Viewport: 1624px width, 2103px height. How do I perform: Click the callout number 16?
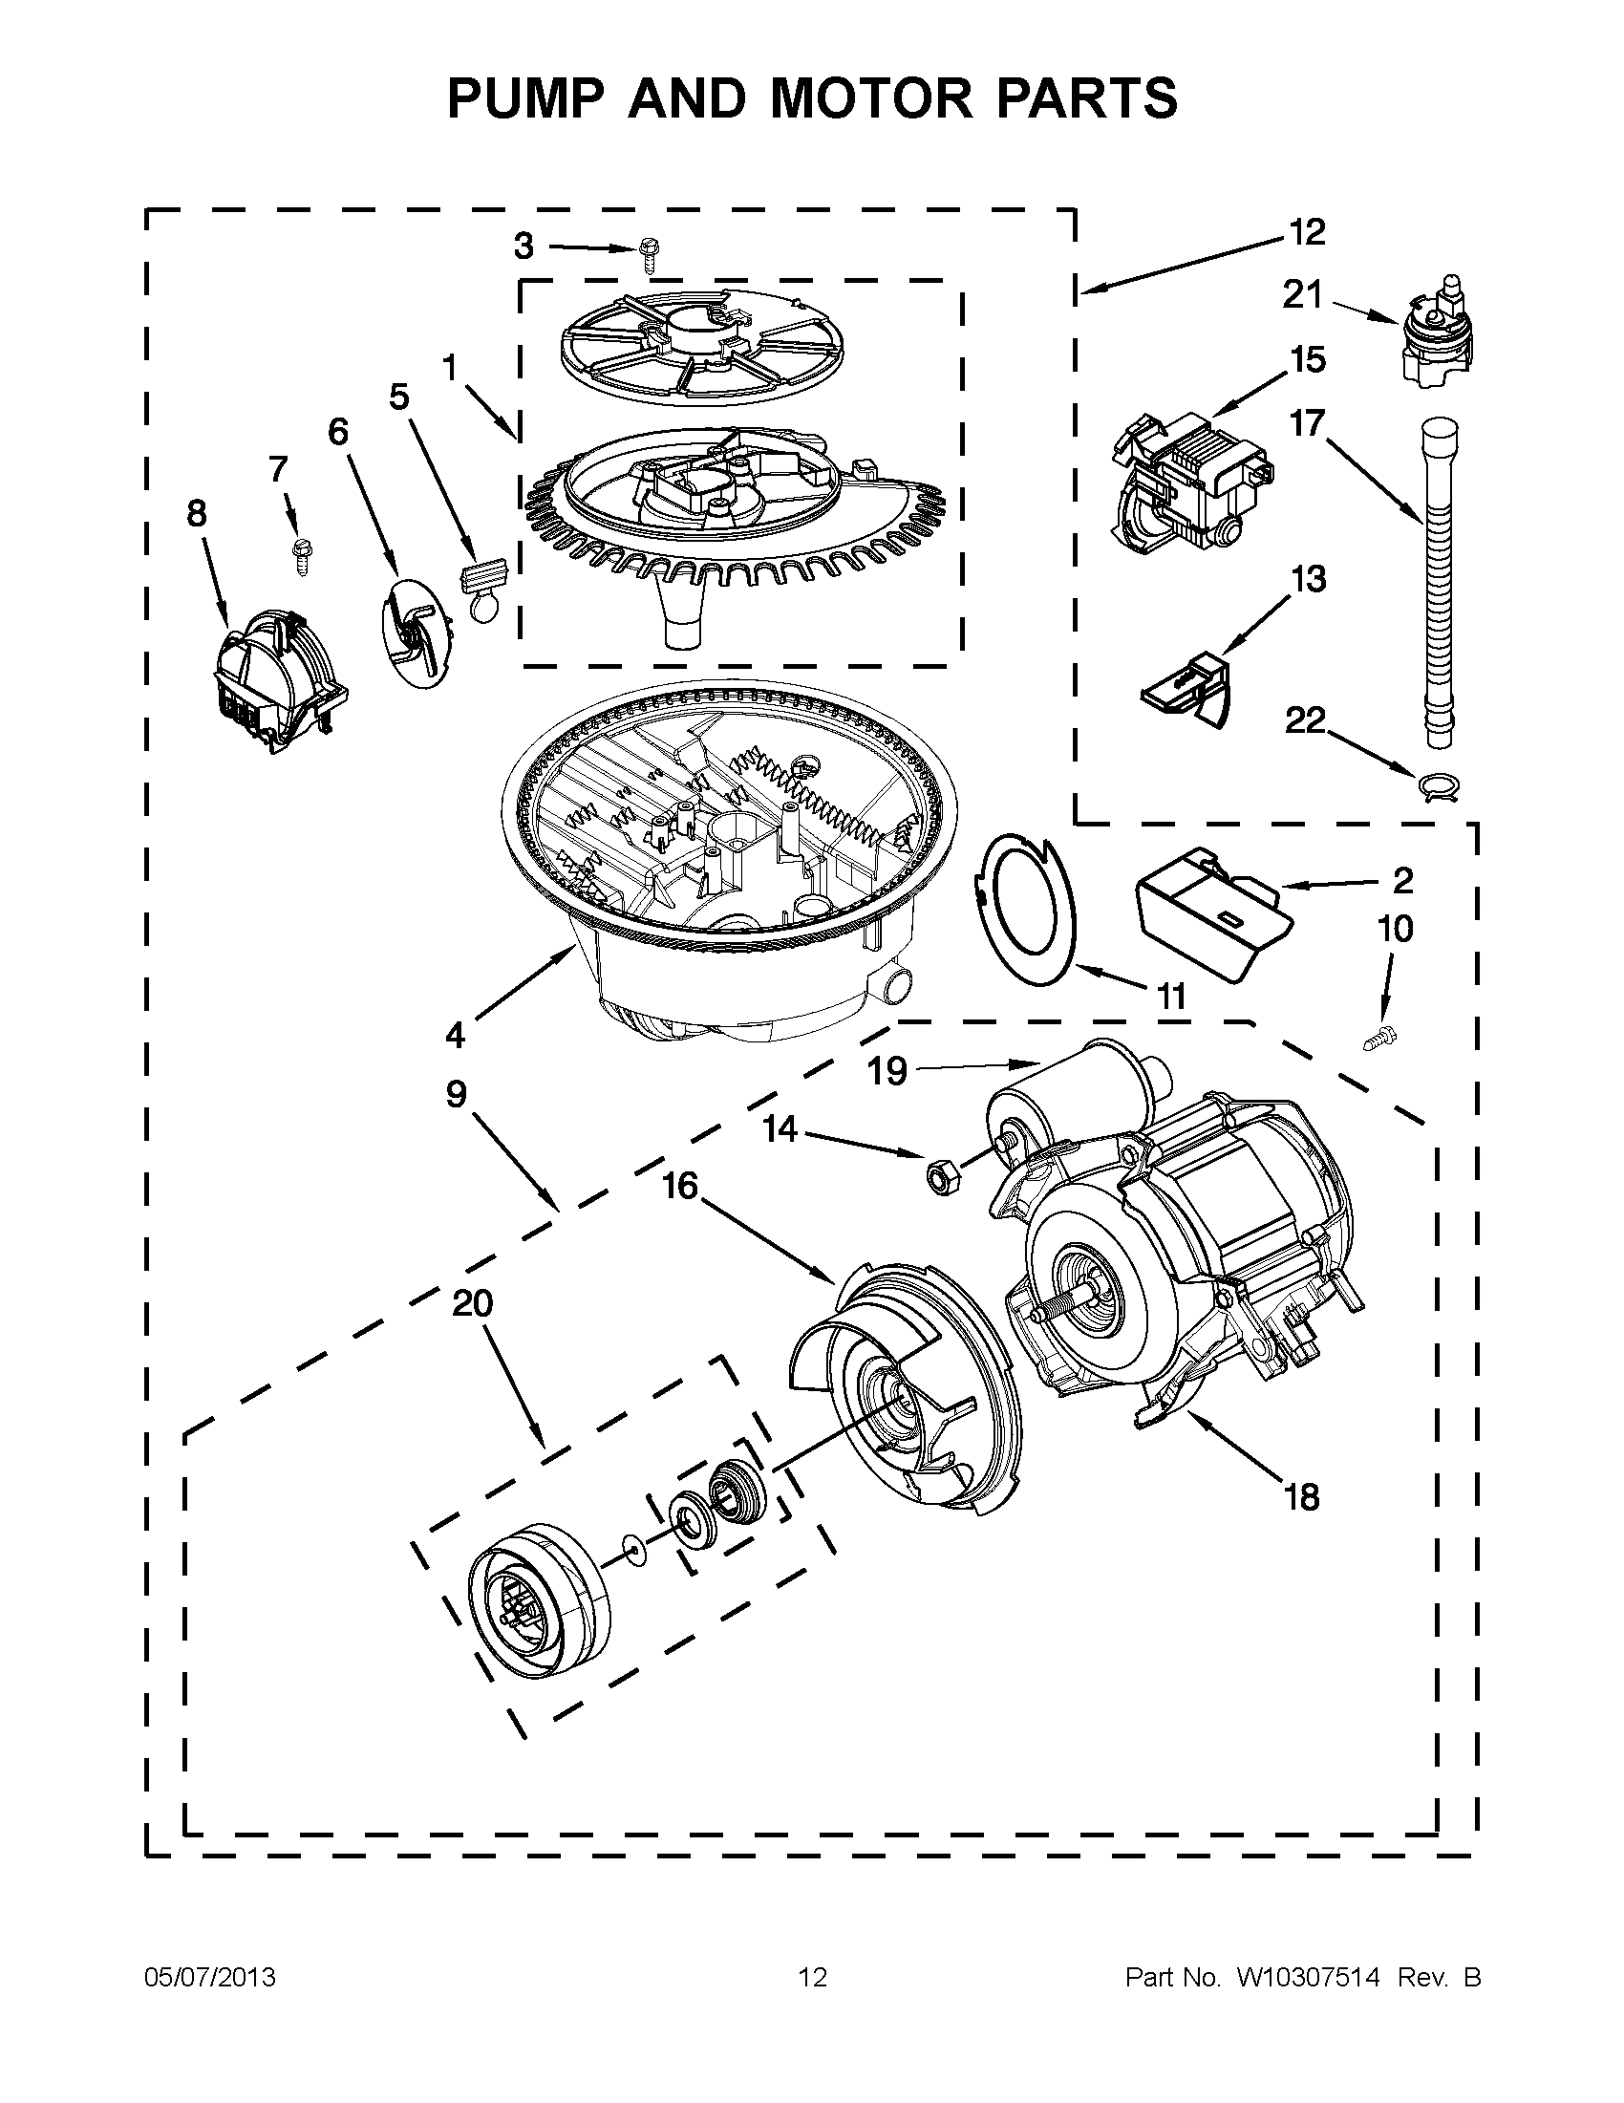tap(679, 1187)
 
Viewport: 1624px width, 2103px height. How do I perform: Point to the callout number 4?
tap(455, 1036)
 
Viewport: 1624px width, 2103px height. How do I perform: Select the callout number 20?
tap(472, 1304)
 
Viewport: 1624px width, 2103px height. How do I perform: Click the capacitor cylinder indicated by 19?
tap(1069, 1090)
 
